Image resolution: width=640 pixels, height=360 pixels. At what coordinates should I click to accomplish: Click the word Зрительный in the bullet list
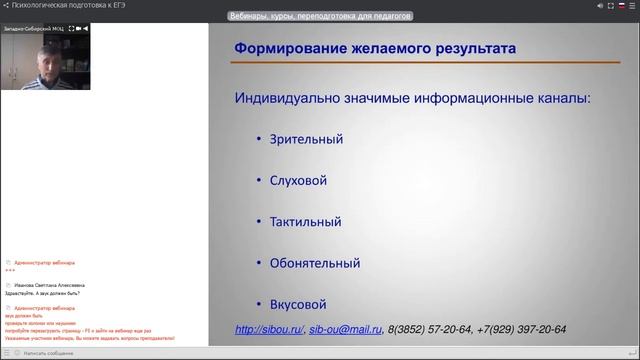(x=298, y=139)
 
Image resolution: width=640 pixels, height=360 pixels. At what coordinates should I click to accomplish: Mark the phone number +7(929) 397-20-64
(x=521, y=330)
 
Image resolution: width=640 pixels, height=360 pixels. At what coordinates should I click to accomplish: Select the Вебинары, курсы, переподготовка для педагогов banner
(x=320, y=16)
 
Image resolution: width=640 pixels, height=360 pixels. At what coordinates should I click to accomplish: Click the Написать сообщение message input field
(x=100, y=353)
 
